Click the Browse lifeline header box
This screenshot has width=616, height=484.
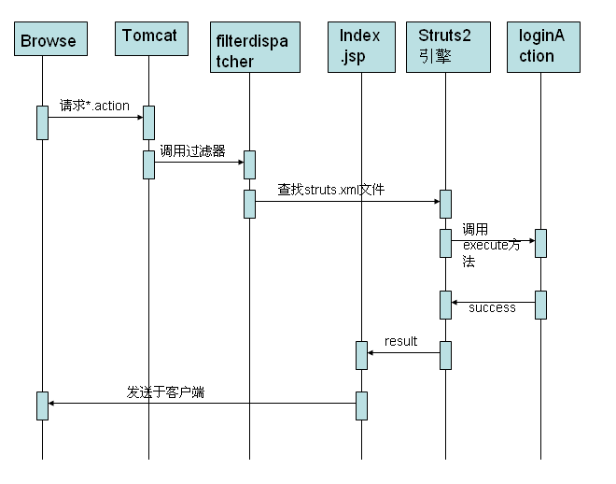tap(48, 40)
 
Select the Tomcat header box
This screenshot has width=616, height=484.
tap(149, 37)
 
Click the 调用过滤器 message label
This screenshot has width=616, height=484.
tap(191, 150)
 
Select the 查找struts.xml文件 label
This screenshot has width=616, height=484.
tap(330, 190)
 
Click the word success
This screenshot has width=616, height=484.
tap(492, 307)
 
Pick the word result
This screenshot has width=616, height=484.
tap(400, 341)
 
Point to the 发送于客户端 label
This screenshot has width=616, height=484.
tap(165, 392)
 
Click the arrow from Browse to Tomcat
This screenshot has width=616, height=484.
tap(94, 117)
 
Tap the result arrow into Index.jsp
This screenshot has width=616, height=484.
tap(403, 352)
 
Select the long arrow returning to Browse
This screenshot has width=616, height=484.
tap(202, 403)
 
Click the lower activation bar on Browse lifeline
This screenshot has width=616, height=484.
tap(42, 406)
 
